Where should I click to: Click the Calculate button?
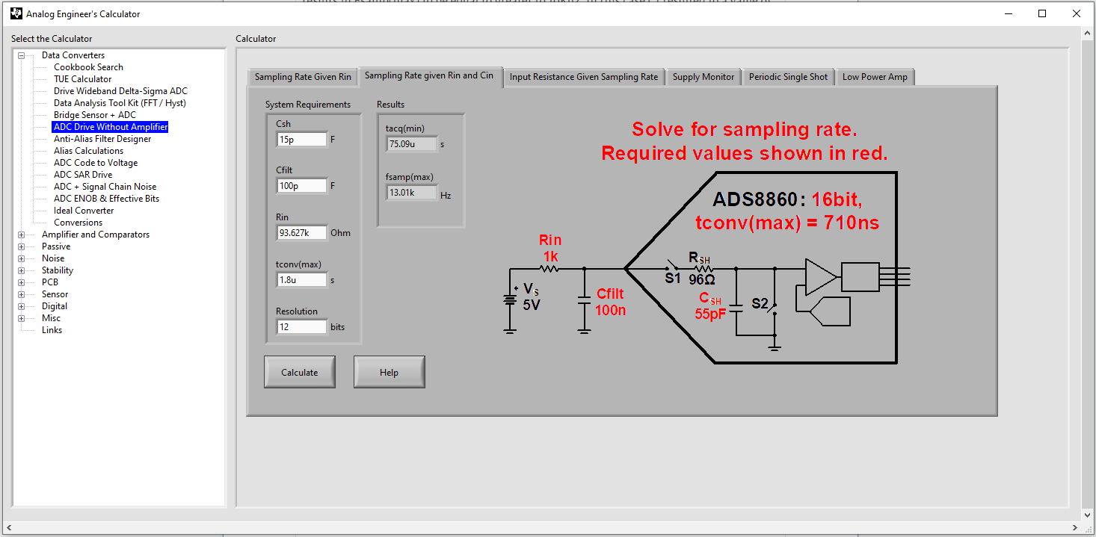point(299,372)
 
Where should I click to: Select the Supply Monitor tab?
point(704,77)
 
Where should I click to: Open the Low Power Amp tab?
point(875,77)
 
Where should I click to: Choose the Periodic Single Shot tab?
point(788,77)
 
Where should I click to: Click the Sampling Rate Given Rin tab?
point(303,77)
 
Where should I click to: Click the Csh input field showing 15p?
point(301,139)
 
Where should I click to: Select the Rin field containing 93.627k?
point(301,233)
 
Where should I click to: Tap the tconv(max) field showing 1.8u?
point(301,280)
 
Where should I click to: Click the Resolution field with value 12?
point(301,327)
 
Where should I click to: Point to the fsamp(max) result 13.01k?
point(411,193)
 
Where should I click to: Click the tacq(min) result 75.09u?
point(411,144)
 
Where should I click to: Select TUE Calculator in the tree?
point(82,79)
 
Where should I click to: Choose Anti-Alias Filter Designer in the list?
point(102,139)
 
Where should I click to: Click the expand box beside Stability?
point(22,270)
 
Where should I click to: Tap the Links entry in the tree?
point(52,330)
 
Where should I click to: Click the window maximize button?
point(1042,13)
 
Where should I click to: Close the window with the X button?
point(1076,13)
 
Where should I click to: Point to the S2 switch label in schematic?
point(760,304)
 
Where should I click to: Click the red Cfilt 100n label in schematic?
point(610,302)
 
